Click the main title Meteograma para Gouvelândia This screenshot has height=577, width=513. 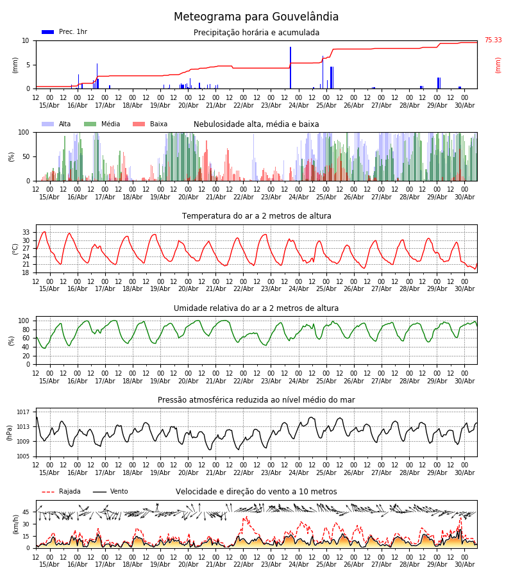coord(256,17)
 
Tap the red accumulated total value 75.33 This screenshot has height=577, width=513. coord(493,40)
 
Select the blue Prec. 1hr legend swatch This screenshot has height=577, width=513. coord(48,32)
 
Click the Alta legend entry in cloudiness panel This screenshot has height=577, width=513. coord(56,124)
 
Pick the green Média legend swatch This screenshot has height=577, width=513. coord(90,124)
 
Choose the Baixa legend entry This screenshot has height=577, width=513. coord(150,124)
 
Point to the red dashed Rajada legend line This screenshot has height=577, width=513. coord(48,492)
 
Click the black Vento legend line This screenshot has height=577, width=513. coord(99,492)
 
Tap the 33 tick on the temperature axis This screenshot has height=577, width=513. coord(26,232)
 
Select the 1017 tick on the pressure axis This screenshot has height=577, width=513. coord(23,412)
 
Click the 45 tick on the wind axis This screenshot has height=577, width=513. coord(26,512)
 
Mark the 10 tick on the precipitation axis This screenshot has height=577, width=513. coord(26,40)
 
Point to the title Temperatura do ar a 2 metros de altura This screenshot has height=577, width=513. coord(256,216)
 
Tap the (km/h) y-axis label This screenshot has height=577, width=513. coord(15,524)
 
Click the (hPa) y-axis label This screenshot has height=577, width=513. coord(10,433)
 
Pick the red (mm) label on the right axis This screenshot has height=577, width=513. coord(498,65)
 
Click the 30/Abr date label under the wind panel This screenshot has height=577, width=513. coord(464,564)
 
